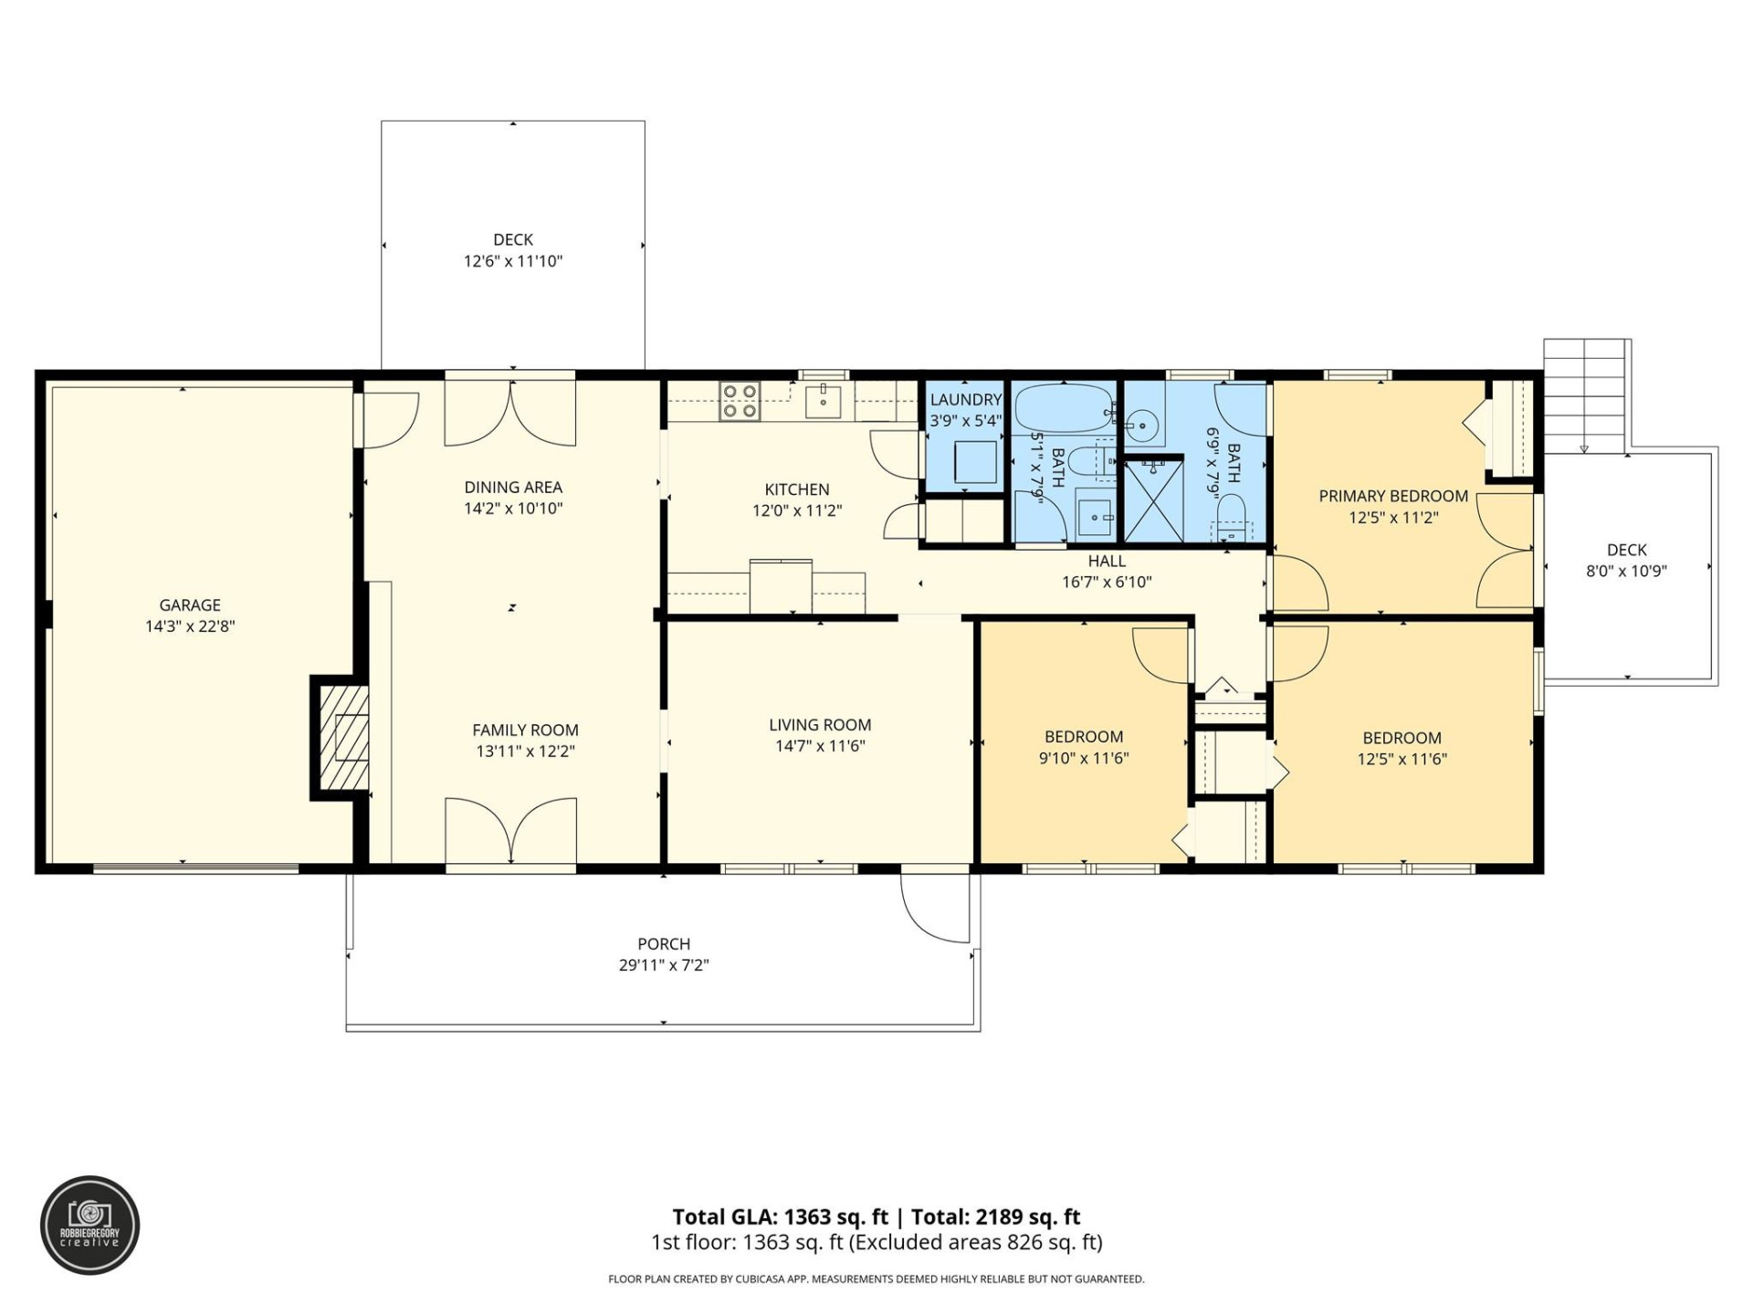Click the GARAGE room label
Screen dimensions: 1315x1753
190,605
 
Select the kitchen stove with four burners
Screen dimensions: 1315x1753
740,402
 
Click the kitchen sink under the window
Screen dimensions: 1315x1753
823,401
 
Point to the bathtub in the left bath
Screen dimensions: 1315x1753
1063,408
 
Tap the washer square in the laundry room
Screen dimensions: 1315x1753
975,461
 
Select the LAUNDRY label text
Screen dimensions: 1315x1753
966,400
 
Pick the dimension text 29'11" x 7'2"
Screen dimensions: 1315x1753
664,965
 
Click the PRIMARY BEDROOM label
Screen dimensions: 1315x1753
1393,496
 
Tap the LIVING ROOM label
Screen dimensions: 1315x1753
820,725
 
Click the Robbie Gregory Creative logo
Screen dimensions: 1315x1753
89,1225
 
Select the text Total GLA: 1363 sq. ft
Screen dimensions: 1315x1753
780,1216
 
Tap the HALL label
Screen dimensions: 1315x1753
1107,561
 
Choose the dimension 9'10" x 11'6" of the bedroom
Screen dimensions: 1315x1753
1084,758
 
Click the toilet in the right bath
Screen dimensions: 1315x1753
1232,517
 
